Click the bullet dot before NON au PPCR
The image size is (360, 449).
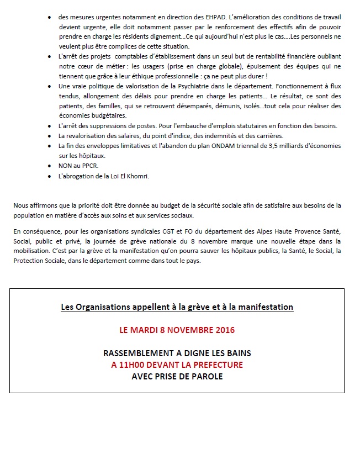click(51, 166)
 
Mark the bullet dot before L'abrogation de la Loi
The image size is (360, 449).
click(51, 176)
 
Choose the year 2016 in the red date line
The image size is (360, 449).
click(224, 330)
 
